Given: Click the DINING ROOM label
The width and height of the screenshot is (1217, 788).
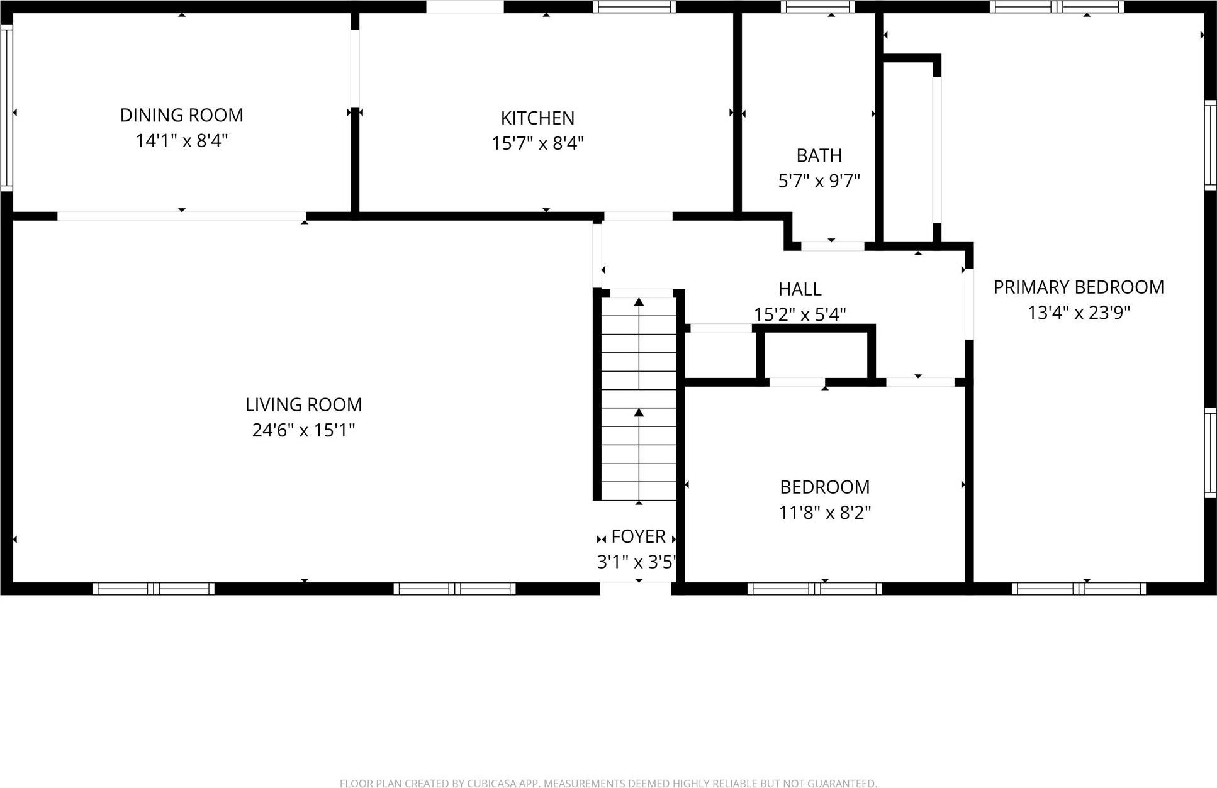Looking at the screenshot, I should point(181,115).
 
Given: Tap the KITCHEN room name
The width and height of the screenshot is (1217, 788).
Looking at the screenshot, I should point(537,118).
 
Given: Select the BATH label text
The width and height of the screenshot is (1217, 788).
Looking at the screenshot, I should point(819,155).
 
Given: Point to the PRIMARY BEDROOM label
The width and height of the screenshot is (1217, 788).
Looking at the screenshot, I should point(1079,287).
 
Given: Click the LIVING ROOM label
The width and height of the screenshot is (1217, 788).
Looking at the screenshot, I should point(303,404).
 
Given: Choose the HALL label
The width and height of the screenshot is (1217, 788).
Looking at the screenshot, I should point(800,289).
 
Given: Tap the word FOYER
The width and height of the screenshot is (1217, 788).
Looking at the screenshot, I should point(638,536).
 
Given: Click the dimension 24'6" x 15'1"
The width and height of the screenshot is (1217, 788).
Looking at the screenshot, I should point(303,430).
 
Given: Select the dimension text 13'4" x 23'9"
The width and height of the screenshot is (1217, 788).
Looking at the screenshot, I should point(1079,313).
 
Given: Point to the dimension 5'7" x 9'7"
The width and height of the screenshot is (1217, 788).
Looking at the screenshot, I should point(819,181).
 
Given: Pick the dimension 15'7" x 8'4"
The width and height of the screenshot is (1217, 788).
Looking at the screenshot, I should point(537,143).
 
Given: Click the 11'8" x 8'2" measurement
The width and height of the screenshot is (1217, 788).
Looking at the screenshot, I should point(824,513).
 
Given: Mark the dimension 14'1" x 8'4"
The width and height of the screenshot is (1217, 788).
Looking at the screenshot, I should point(181,140).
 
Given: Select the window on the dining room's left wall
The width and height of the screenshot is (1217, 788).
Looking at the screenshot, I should point(6,107).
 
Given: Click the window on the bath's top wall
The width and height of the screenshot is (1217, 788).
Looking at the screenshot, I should point(817,7).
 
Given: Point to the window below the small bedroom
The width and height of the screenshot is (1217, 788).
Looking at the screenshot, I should point(814,589).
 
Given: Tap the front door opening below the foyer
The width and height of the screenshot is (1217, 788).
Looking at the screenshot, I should point(636,588).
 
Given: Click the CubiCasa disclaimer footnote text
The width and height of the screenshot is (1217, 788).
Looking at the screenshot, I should point(608,783).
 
